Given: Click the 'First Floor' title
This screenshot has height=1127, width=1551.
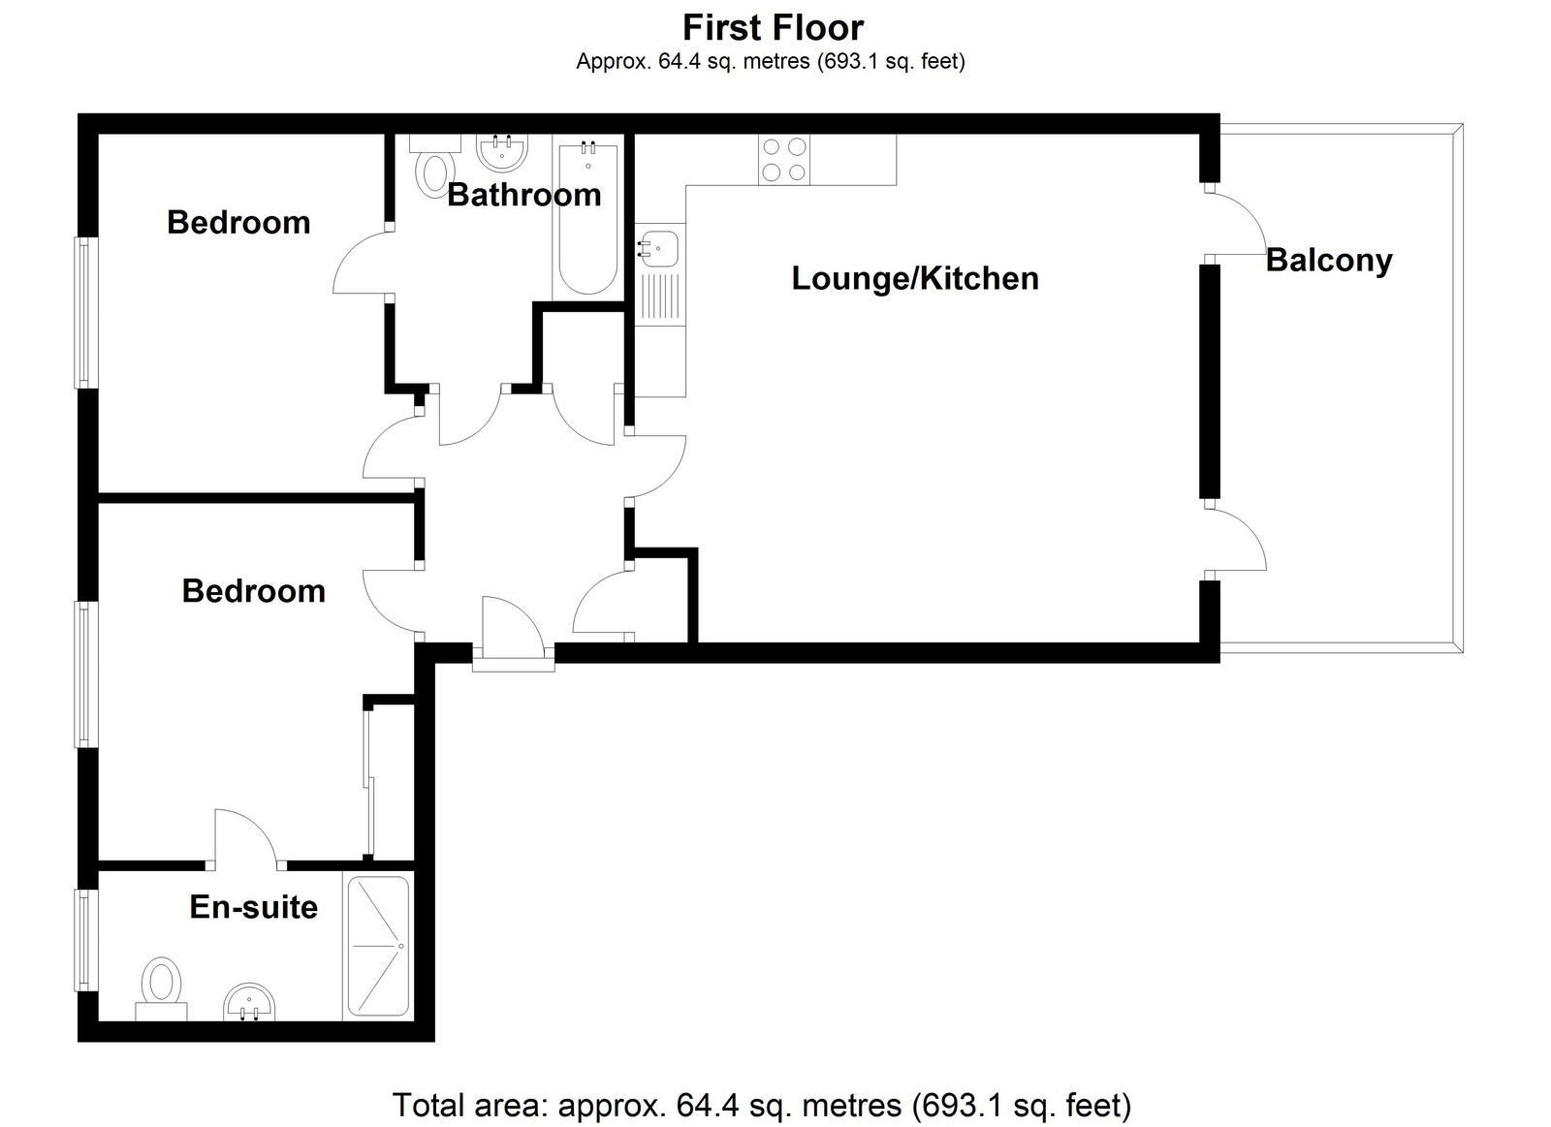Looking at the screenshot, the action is pos(773,28).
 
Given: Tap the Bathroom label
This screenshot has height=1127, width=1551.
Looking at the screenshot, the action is pos(524,195).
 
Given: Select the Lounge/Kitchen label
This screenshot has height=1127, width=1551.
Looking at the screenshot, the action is pos(915,279).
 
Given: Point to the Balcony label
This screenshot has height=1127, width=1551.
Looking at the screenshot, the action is pos(1329,262).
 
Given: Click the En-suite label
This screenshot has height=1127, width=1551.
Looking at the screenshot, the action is pos(253,907).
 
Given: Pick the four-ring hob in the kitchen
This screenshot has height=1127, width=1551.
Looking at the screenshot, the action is pos(784,159).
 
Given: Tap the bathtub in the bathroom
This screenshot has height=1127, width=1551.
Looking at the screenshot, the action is pos(587,218).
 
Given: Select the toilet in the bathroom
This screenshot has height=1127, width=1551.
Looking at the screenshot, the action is pos(435,166).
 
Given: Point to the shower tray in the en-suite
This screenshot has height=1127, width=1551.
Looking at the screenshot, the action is pos(378,946).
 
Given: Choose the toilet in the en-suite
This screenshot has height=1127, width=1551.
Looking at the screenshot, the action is pos(161,988).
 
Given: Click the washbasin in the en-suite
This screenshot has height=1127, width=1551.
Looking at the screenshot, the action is pos(249,1002).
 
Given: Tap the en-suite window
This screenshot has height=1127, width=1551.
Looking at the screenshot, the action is pos(85,940).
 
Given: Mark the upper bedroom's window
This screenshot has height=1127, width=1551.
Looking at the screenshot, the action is pos(85,313).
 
